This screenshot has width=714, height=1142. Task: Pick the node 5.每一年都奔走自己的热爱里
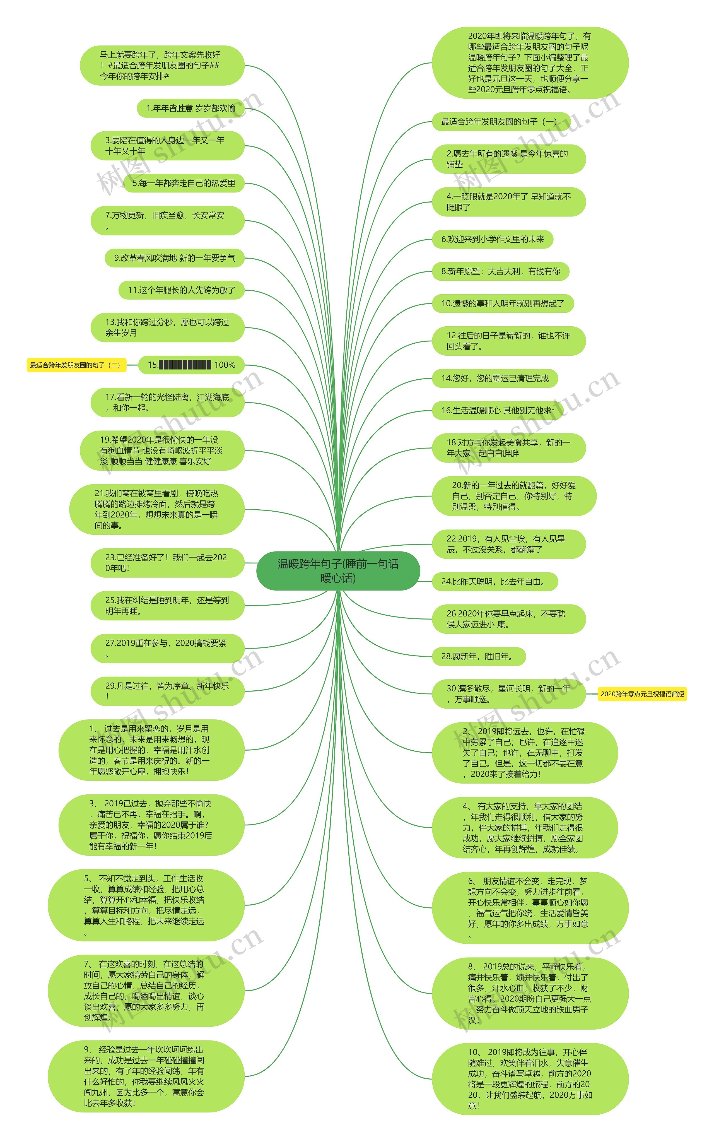(x=184, y=183)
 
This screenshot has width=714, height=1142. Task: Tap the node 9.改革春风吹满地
(x=174, y=258)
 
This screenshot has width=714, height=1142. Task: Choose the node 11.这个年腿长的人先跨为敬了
(x=181, y=290)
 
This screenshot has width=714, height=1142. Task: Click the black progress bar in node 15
(x=185, y=365)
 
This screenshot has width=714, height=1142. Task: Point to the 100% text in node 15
(x=225, y=365)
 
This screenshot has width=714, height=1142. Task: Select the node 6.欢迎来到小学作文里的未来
(x=493, y=239)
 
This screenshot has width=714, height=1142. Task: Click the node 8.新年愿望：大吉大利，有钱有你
(x=501, y=272)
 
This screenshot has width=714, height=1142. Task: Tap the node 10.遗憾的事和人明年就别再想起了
(x=503, y=304)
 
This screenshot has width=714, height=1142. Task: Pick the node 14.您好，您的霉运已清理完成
(x=495, y=378)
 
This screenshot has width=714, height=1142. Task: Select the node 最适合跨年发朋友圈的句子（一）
(x=501, y=122)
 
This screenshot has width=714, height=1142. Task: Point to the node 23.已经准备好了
(x=167, y=563)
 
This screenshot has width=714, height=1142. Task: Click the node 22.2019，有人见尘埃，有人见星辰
(x=508, y=544)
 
